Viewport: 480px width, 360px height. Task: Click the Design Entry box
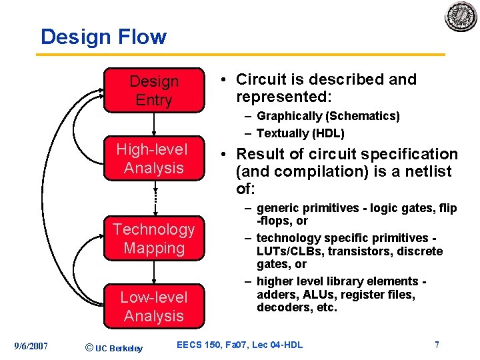[x=154, y=91]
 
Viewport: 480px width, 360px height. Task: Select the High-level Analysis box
[x=153, y=159]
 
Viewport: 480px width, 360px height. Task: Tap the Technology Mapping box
[x=154, y=239]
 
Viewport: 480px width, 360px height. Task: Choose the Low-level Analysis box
[x=154, y=306]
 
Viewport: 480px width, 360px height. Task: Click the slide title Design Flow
[x=103, y=36]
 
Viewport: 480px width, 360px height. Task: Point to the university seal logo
[x=461, y=16]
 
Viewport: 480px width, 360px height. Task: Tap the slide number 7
[x=437, y=345]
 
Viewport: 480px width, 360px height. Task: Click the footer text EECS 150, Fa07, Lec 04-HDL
[x=239, y=345]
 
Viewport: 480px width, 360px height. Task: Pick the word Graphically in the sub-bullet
[x=288, y=116]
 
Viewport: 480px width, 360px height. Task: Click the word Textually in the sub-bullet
[x=282, y=133]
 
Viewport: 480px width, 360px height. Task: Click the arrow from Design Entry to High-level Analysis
[x=154, y=125]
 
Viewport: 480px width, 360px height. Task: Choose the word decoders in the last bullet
[x=281, y=307]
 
